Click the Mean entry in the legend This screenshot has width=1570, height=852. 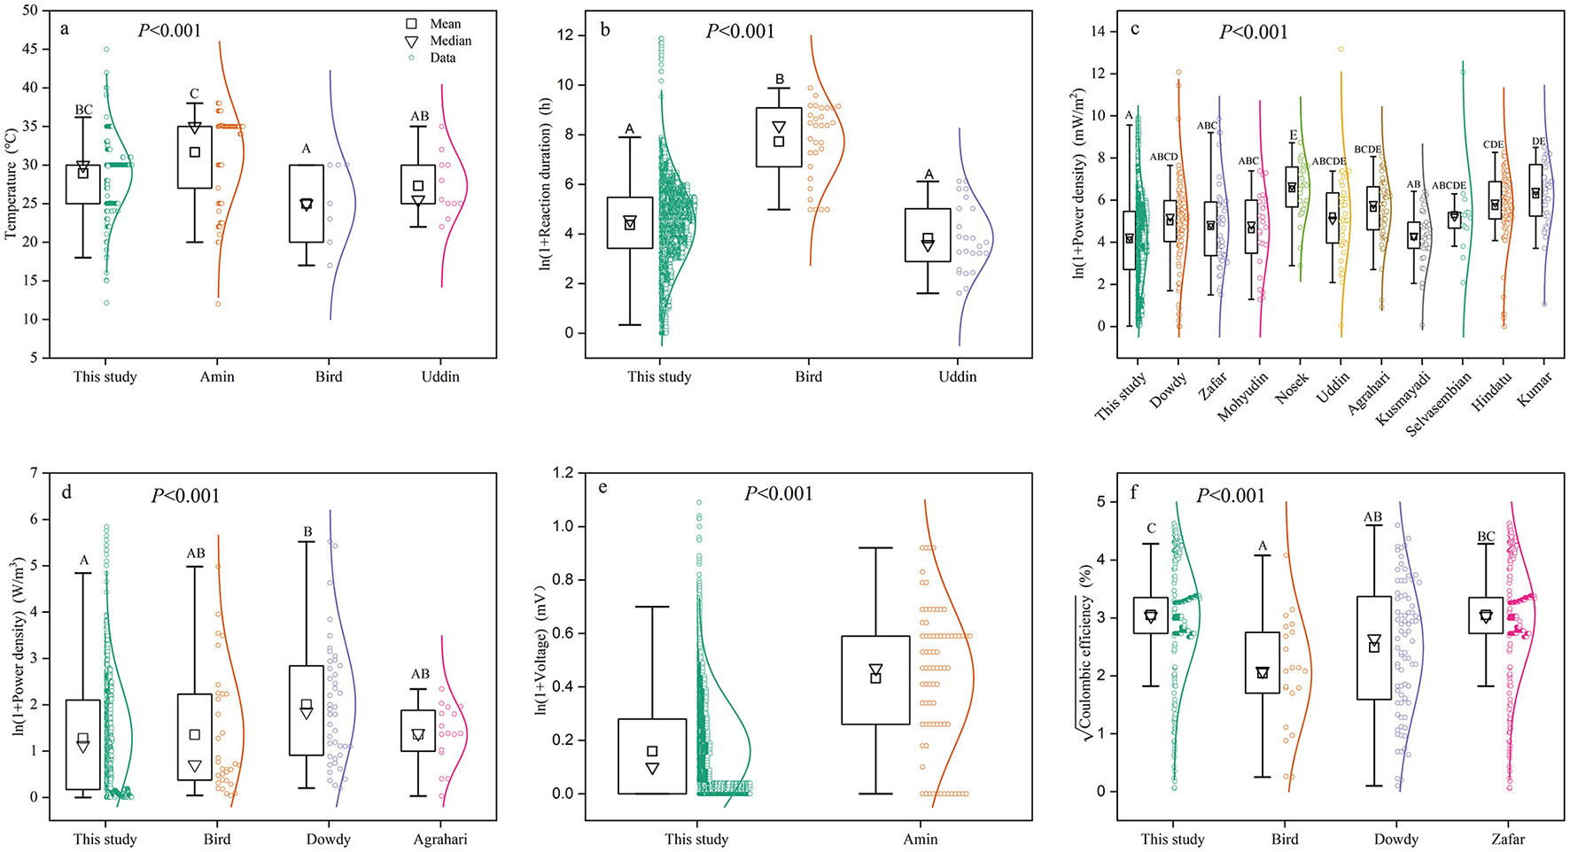445,24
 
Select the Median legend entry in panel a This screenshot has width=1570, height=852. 450,41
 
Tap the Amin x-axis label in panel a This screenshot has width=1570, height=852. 217,376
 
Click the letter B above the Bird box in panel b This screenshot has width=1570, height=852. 779,79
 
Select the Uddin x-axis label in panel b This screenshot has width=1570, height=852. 957,376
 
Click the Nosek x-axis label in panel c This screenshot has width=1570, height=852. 1292,387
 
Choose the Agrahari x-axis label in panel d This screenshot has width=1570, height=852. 440,839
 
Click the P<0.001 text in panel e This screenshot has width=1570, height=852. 778,493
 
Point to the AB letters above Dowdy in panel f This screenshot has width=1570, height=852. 1372,517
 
